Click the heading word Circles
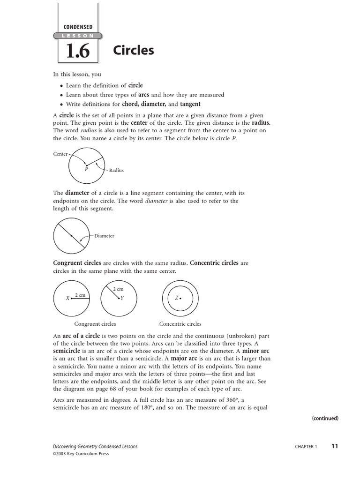point(134,51)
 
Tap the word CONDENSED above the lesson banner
point(78,27)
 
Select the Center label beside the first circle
point(60,154)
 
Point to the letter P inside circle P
point(86,169)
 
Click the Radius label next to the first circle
point(116,171)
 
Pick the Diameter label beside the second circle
point(104,236)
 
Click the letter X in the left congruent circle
point(67,298)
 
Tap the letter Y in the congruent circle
point(122,298)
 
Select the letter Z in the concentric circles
point(177,298)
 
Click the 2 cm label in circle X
point(80,295)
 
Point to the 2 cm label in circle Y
point(118,289)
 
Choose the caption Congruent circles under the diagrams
point(95,324)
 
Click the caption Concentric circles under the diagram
point(180,324)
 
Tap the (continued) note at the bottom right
point(325,418)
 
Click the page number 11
point(334,446)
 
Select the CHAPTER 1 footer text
point(306,447)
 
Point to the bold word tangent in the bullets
point(190,104)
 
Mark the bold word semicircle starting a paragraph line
point(67,351)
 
